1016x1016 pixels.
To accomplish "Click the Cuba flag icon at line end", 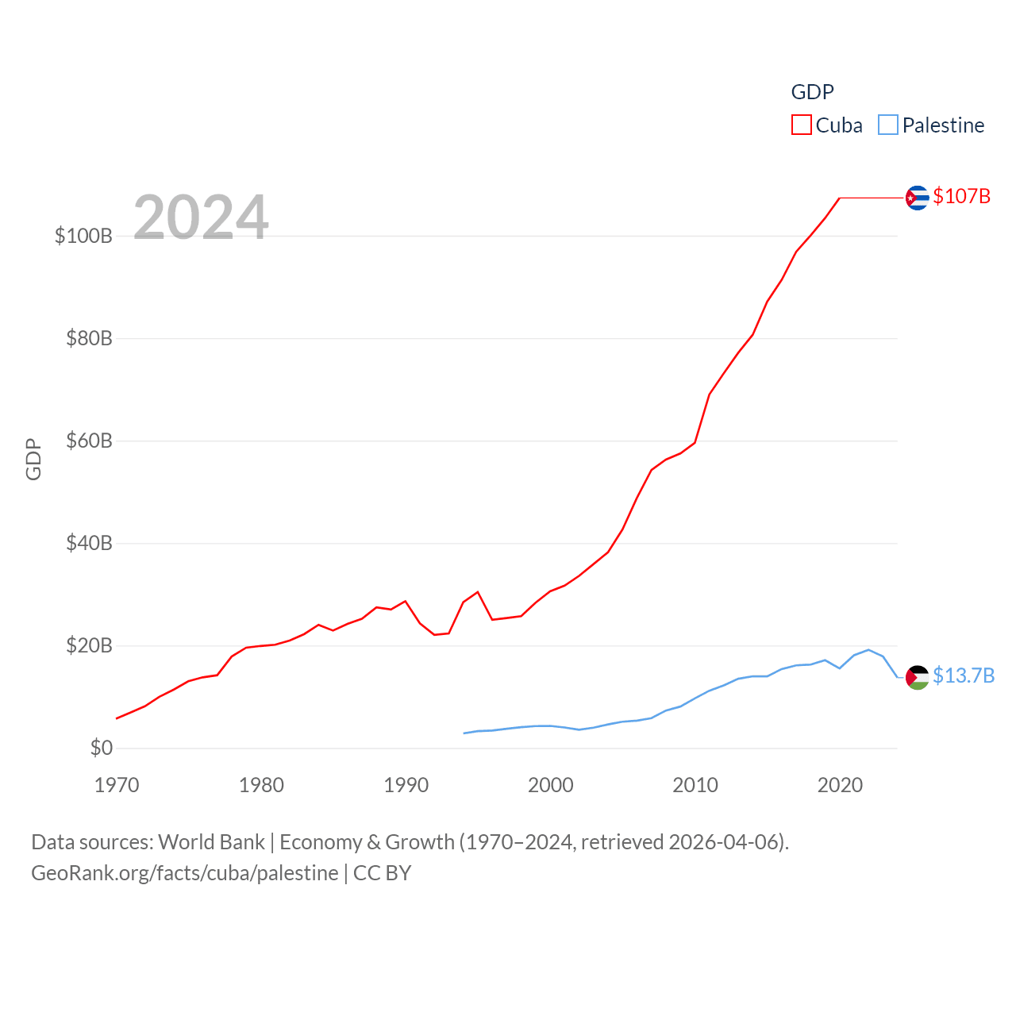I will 917,197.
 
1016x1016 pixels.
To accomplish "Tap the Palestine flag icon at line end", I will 917,677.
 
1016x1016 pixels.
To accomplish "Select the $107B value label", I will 961,196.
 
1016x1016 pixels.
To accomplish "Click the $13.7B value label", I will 964,675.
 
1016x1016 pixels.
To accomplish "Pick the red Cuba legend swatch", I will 802,125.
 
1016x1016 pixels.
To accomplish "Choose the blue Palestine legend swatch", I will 888,125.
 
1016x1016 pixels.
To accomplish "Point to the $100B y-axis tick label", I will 83,236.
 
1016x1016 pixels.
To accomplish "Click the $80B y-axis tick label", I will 89,338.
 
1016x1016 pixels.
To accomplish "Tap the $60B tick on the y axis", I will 89,441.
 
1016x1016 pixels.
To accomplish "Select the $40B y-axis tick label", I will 89,543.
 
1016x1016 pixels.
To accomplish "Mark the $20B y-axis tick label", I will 89,645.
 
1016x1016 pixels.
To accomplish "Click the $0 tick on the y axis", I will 101,748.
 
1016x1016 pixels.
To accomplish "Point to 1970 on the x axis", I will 117,785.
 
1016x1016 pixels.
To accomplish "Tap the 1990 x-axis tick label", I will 406,785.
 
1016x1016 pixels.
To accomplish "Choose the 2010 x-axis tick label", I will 695,785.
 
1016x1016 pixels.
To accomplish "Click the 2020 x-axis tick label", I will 840,785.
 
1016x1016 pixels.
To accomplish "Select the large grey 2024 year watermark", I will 201,217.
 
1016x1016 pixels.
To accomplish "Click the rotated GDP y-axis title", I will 33,459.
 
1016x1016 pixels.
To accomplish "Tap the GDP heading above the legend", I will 812,92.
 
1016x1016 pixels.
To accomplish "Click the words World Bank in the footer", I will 211,841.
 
